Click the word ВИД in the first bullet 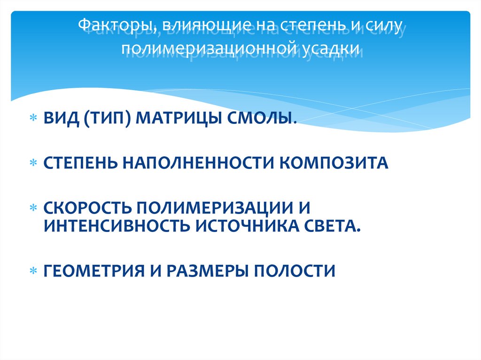[x=61, y=118]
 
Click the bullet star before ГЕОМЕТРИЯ [x=33, y=271]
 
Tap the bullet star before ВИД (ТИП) [x=33, y=119]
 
